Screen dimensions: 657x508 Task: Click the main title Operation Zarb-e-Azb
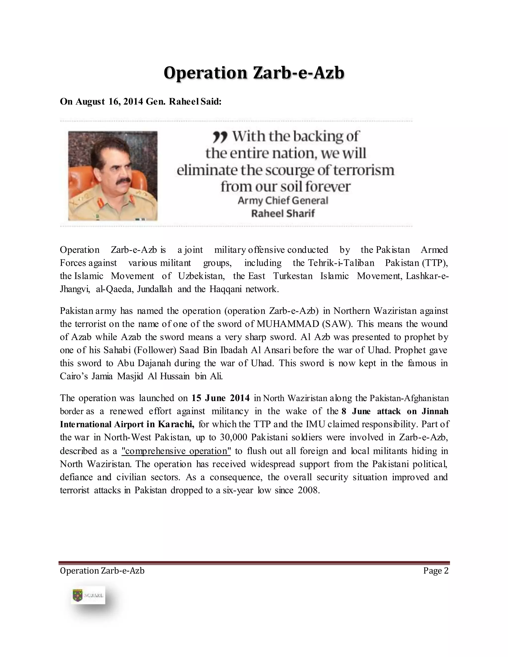[254, 73]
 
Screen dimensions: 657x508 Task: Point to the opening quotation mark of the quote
[219, 138]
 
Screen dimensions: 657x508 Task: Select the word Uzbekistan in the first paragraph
[201, 276]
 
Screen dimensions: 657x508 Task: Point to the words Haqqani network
[244, 289]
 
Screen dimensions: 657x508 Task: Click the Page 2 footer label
[436, 571]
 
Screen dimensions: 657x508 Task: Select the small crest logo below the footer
[78, 595]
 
